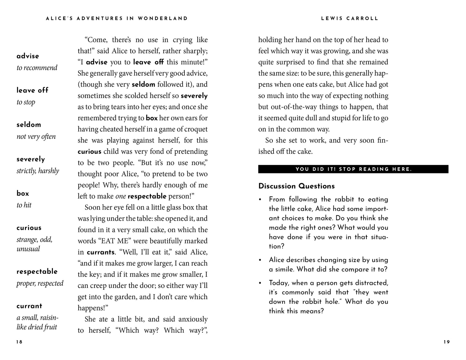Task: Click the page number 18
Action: pos(19,342)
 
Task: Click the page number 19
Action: pos(446,342)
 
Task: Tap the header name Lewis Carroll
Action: pos(350,19)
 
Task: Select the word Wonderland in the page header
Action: pos(163,19)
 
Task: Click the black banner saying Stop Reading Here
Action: pos(353,169)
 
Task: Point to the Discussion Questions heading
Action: pos(296,186)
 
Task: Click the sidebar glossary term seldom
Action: pos(29,125)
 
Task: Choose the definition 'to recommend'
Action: pos(37,68)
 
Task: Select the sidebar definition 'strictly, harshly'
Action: pos(38,171)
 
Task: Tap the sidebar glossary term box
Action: pos(23,193)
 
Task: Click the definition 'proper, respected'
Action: pos(40,284)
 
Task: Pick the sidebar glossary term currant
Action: pos(29,306)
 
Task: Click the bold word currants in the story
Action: pos(101,252)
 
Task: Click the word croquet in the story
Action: pos(196,129)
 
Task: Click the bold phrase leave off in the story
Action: pos(148,62)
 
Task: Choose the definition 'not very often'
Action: pos(36,137)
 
